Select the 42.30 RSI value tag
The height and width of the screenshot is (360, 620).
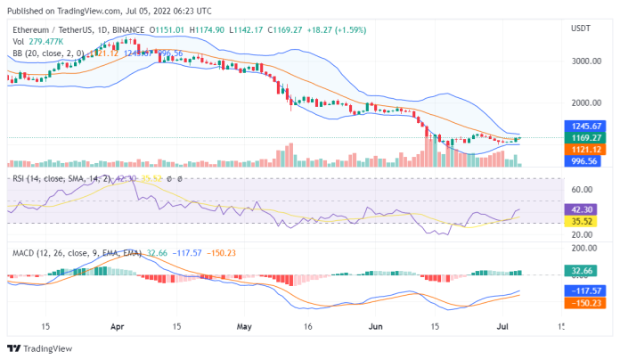(584, 209)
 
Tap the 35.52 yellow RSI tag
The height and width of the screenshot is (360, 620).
(584, 220)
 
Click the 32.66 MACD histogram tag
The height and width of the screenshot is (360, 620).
(584, 270)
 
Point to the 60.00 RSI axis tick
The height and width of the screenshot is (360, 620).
(583, 189)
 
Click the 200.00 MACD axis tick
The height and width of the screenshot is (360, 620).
(584, 249)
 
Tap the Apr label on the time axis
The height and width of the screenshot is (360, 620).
(117, 325)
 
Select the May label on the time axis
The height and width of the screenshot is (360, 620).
(244, 325)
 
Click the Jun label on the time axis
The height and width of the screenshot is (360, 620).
(375, 325)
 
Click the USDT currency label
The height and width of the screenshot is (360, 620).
(579, 28)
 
